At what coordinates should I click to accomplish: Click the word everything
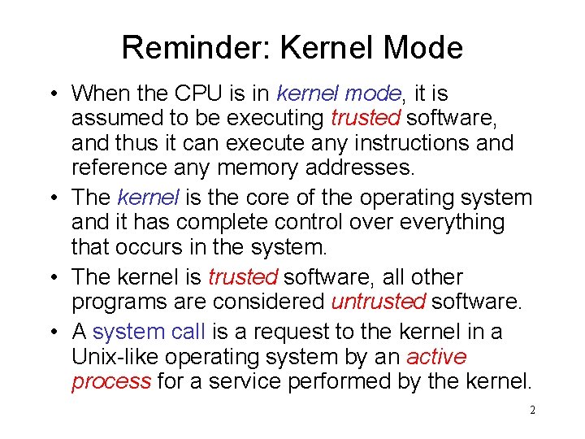(458, 222)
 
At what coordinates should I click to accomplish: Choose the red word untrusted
(377, 302)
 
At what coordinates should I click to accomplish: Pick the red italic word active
(436, 356)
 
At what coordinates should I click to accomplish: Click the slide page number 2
(532, 411)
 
